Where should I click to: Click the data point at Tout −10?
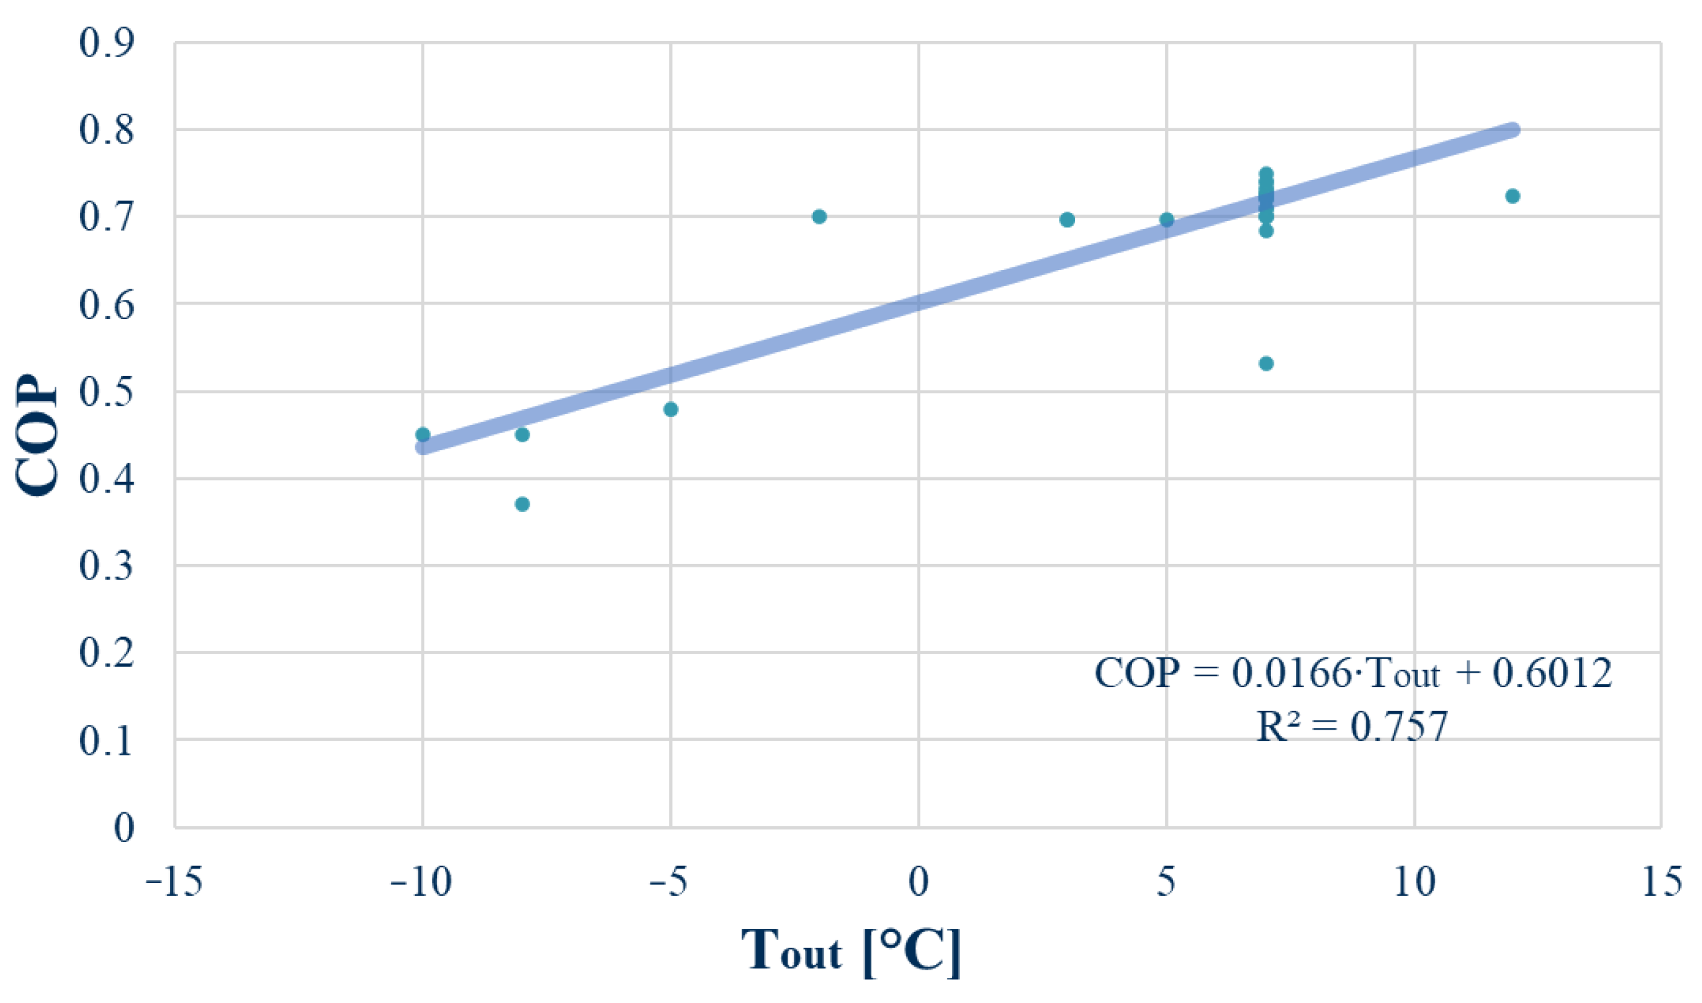[423, 434]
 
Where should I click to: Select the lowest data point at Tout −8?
[522, 504]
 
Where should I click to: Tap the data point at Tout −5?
[671, 410]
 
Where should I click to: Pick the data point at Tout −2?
[820, 217]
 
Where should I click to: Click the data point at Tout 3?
[1068, 220]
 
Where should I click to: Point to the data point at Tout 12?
[1513, 196]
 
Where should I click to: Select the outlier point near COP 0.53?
[1267, 363]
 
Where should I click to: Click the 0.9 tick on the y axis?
[107, 43]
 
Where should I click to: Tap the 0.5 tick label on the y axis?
[107, 392]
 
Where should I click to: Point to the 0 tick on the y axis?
[124, 828]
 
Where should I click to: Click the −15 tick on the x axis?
[174, 882]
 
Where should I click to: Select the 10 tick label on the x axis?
[1414, 882]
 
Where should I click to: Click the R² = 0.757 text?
[1351, 726]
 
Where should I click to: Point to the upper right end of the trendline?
[1512, 130]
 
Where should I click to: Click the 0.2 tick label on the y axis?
[107, 653]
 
